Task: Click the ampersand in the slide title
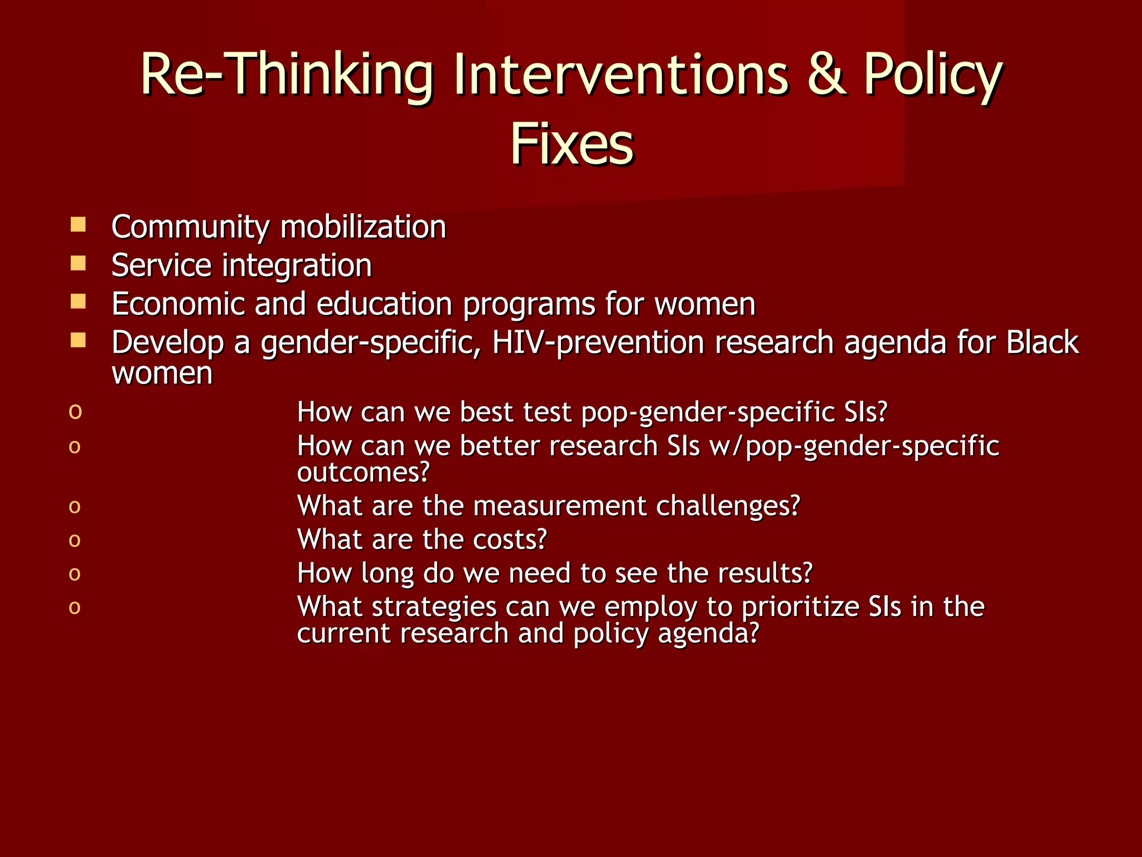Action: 825,75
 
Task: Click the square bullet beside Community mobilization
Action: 78,225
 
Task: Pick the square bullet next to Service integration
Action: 78,263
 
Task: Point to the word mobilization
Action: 363,227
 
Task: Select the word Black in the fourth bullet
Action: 1042,342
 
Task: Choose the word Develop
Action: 167,343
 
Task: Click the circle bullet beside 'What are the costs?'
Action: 75,540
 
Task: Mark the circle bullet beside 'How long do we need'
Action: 75,574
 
